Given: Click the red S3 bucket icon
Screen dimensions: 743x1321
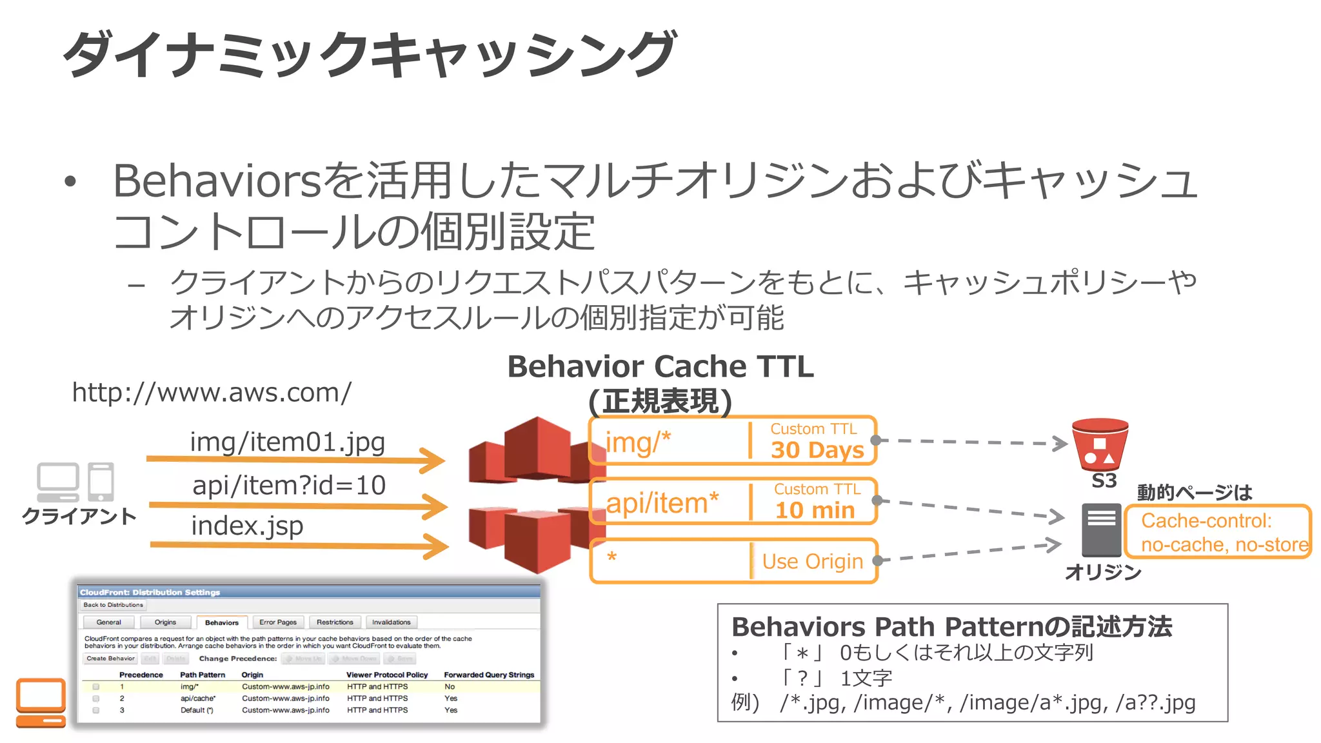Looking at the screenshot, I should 1100,445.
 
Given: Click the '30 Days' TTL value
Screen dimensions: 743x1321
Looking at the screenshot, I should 817,450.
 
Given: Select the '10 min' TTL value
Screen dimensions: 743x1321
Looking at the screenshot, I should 815,510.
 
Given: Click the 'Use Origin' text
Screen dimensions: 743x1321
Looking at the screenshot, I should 812,561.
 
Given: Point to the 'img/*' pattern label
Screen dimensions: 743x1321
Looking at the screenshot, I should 638,442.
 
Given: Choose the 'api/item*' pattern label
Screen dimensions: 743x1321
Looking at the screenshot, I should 662,502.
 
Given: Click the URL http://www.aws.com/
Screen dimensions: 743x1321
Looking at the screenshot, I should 212,392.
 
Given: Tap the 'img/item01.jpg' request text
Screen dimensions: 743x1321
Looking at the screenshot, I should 287,442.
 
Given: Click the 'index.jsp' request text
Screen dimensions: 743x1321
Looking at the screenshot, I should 247,526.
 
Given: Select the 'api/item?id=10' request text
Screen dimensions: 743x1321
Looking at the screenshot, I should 289,485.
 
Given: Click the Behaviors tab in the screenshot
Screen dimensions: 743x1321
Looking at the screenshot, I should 221,622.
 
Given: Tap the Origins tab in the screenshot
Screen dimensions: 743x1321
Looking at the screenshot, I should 165,622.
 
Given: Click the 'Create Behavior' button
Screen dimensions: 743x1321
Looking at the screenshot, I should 110,659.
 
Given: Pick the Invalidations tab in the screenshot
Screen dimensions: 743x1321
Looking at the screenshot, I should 391,622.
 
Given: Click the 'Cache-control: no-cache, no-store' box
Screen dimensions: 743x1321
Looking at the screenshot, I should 1218,532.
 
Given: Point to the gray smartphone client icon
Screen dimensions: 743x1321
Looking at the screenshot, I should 101,482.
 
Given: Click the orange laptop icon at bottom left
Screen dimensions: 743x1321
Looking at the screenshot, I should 41,702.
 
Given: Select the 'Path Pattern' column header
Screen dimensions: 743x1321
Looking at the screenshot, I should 203,675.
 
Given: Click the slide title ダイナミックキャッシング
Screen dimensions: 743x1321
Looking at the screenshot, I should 369,54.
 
